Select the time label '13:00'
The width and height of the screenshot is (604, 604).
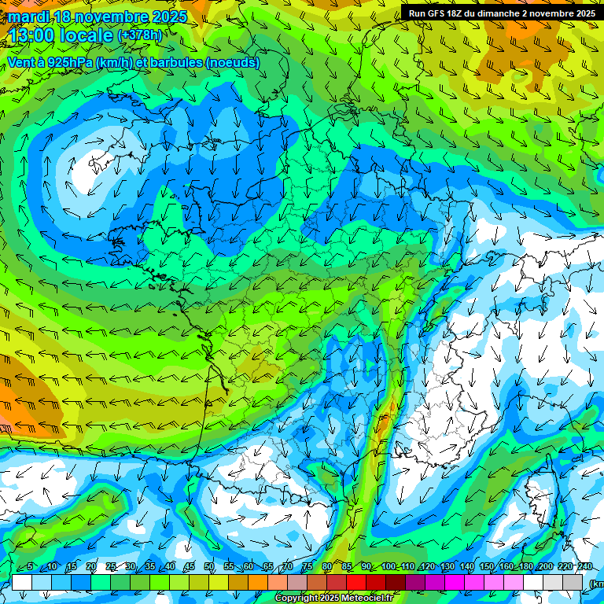[x=32, y=35]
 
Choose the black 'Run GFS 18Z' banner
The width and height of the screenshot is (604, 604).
[x=501, y=13]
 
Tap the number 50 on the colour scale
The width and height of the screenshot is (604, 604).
[x=208, y=567]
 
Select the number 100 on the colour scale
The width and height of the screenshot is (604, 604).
[x=388, y=567]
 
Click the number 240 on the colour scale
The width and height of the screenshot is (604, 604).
[x=584, y=567]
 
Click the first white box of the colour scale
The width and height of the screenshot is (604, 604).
[x=21, y=582]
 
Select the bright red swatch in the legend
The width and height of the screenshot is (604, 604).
[x=356, y=582]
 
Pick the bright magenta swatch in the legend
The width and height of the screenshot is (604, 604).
[x=455, y=582]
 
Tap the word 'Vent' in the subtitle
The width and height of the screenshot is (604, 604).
[x=22, y=62]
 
